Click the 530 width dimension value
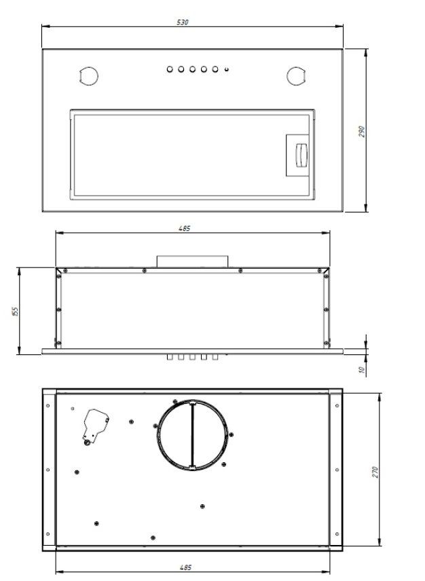182,22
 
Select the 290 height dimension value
362,131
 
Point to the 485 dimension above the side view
184,229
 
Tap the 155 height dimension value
14,311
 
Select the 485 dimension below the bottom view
185,567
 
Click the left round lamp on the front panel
87,75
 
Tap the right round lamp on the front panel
295,75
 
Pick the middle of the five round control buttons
193,69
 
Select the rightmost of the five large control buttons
215,69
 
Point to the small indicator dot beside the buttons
225,69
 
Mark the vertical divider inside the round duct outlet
192,435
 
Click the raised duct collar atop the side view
192,261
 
